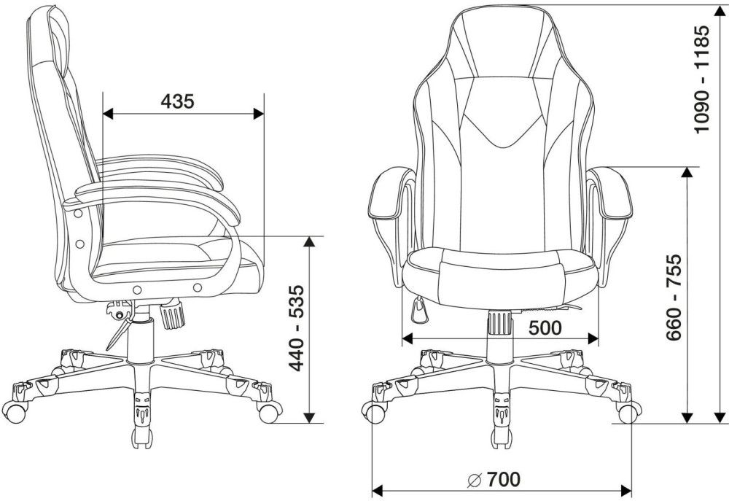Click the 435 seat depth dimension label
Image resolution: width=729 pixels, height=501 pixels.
(x=177, y=101)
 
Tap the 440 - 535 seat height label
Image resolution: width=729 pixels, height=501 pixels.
(x=297, y=328)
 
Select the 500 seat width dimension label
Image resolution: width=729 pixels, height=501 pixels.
(x=545, y=328)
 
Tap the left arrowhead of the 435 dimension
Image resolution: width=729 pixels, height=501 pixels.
(x=108, y=114)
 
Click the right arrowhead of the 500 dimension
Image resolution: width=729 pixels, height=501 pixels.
(x=593, y=338)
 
